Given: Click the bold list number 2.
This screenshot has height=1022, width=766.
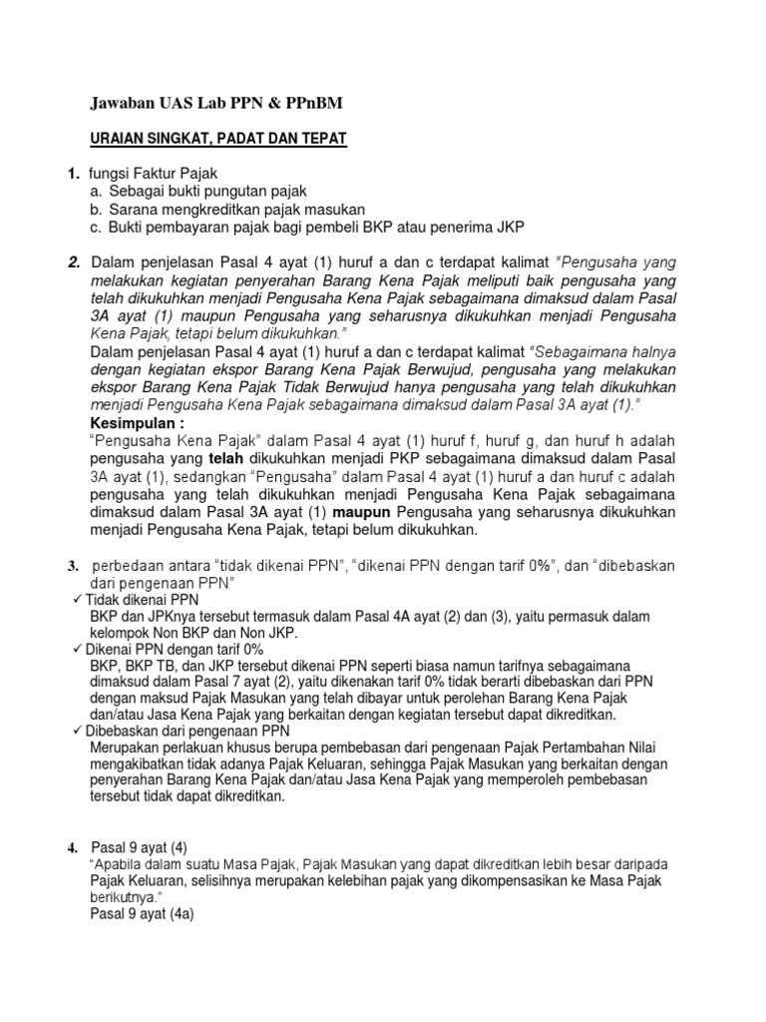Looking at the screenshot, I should tap(74, 261).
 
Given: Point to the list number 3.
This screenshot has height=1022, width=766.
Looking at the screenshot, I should tap(73, 566).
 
